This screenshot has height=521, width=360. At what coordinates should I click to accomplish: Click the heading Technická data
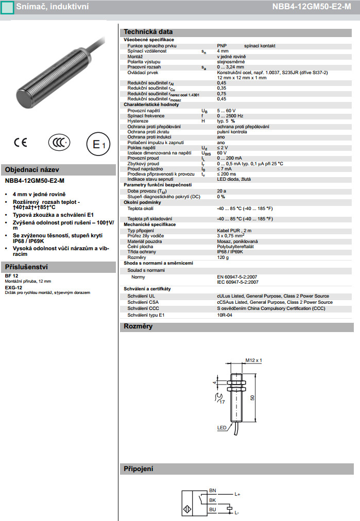coord(148,32)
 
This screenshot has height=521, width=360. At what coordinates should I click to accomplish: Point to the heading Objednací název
coord(31,170)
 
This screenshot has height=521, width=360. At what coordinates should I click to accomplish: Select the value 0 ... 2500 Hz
coord(230,116)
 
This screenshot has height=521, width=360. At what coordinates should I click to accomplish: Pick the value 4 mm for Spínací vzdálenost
coord(222,51)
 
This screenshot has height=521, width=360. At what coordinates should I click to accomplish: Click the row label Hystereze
coord(138,121)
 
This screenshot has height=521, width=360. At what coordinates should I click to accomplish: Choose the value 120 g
coord(224,257)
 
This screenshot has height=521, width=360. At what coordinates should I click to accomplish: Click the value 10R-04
coord(225,315)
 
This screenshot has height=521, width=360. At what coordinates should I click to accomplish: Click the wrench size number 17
coord(222,401)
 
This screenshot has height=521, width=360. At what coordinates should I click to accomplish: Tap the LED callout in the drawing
coord(221,428)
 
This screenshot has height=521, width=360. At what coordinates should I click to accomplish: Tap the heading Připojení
coord(138,469)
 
